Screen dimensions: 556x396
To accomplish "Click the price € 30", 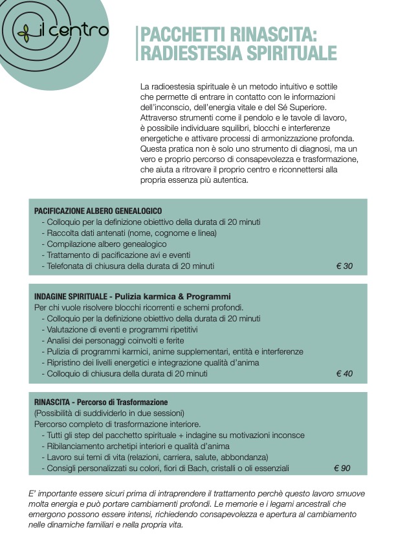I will pyautogui.click(x=344, y=266).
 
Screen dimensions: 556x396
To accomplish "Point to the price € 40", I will pyautogui.click(x=344, y=373).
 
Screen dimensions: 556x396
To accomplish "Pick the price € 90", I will pyautogui.click(x=342, y=468).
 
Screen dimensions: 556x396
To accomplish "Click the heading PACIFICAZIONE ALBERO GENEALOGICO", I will pyautogui.click(x=98, y=211).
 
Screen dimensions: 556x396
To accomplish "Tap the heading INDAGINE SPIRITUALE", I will pyautogui.click(x=72, y=296).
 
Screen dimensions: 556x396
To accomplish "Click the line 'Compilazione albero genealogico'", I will pyautogui.click(x=104, y=244).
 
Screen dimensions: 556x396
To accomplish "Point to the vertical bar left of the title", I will pyautogui.click(x=137, y=43).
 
